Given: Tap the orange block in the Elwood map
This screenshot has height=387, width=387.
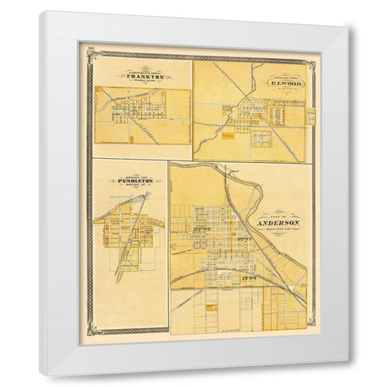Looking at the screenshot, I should point(229,136).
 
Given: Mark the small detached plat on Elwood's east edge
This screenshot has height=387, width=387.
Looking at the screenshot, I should point(310,117).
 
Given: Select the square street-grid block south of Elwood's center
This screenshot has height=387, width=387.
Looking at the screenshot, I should point(262,138).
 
